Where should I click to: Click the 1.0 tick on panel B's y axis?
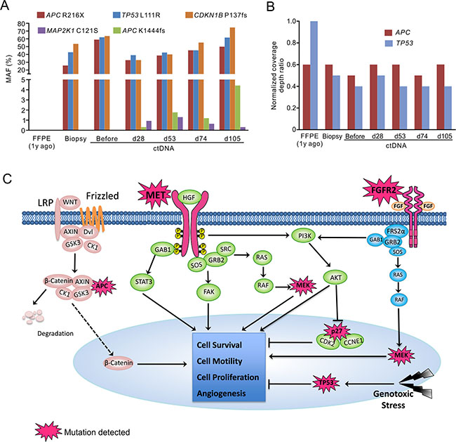click(288, 22)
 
